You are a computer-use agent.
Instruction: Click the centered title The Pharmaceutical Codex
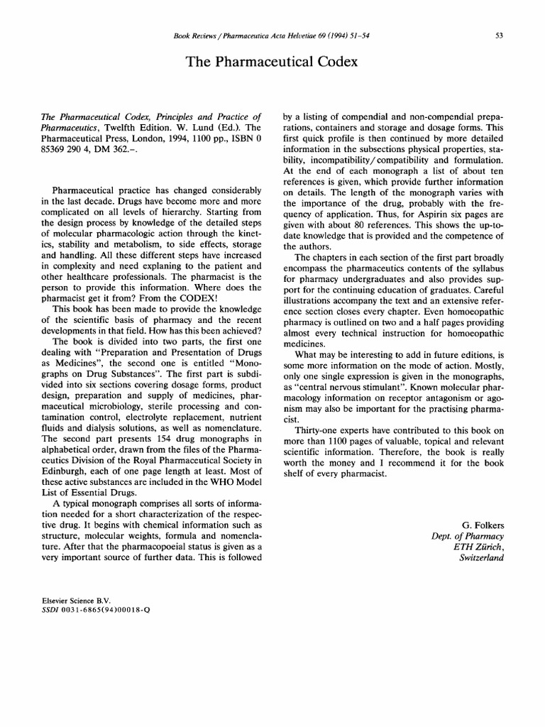[x=272, y=62]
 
